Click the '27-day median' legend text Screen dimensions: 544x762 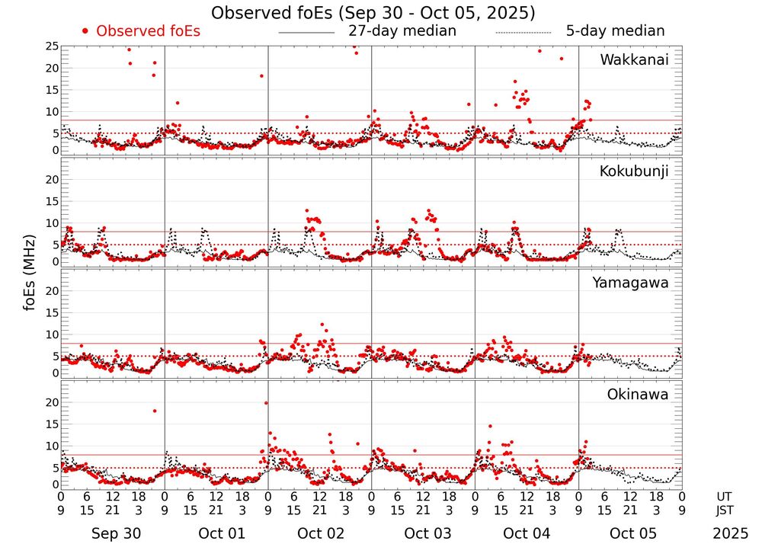click(x=402, y=31)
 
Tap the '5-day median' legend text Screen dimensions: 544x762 click(x=615, y=31)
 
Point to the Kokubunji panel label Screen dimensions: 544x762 click(x=634, y=171)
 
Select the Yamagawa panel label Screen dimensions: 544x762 click(x=631, y=283)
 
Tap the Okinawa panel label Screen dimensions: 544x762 click(x=637, y=395)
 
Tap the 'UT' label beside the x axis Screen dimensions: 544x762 click(x=725, y=496)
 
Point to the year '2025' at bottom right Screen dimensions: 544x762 click(x=731, y=533)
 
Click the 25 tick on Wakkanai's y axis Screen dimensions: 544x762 click(x=52, y=46)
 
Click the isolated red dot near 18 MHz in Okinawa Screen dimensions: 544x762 click(x=155, y=411)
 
